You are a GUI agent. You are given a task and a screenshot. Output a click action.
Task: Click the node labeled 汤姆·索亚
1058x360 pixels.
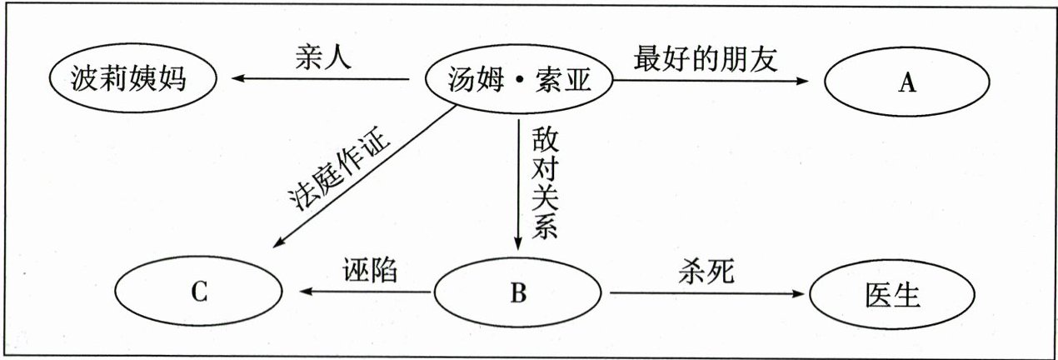coord(518,82)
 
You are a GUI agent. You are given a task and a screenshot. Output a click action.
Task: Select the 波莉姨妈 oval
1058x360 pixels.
coord(130,82)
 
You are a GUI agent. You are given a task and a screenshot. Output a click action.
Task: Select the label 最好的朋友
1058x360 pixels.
coord(706,59)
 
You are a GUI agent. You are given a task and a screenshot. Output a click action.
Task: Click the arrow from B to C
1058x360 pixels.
coord(367,292)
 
